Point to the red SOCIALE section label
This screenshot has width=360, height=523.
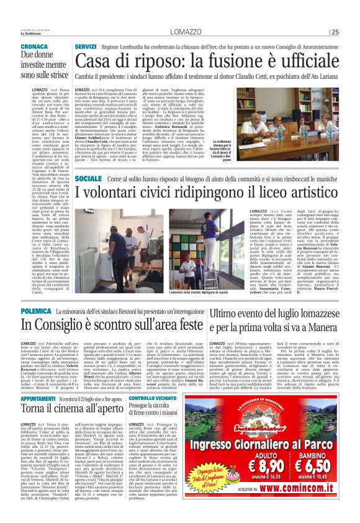[88, 161]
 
